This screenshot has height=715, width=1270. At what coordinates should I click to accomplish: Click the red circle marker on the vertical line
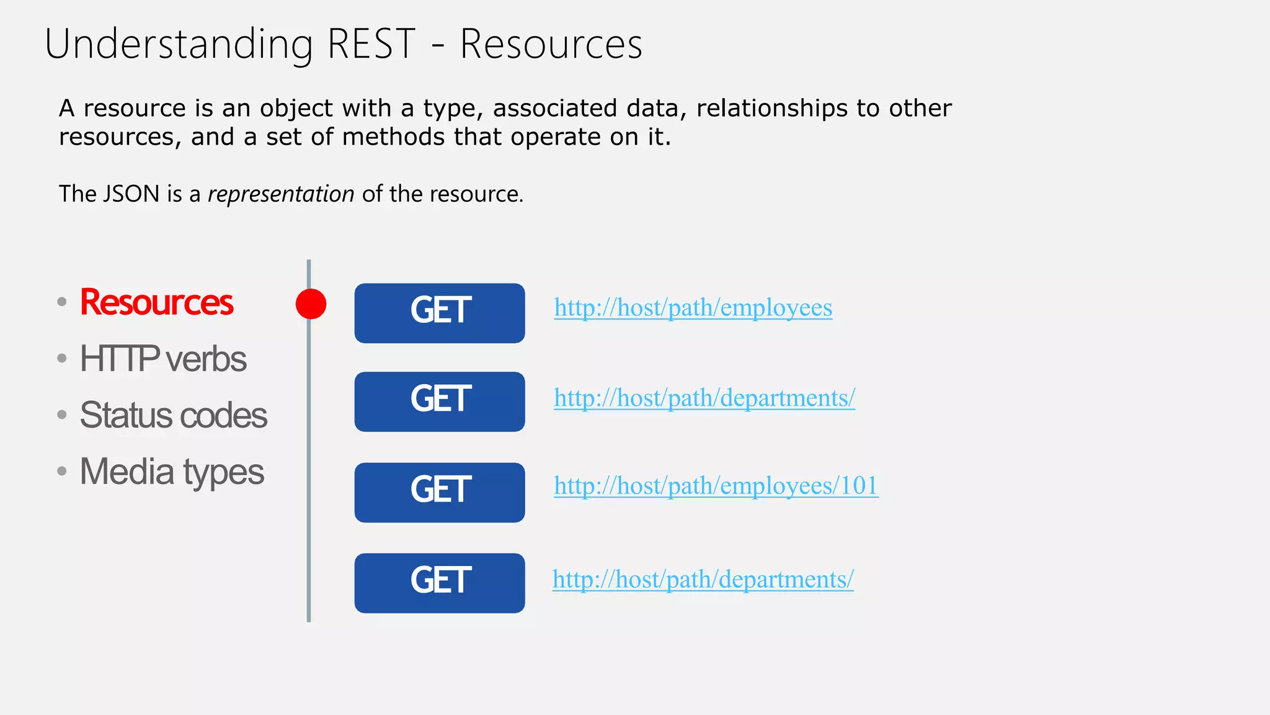pyautogui.click(x=311, y=304)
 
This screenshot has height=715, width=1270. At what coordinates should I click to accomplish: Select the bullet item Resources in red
pyautogui.click(x=156, y=303)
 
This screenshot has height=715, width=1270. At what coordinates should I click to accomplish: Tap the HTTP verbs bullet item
pyautogui.click(x=163, y=359)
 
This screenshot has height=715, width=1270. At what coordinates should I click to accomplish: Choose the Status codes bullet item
pyautogui.click(x=174, y=415)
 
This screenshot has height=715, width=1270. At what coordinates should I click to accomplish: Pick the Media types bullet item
pyautogui.click(x=172, y=472)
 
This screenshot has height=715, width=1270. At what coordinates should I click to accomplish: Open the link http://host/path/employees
pyautogui.click(x=693, y=308)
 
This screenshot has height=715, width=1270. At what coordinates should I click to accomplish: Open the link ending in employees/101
pyautogui.click(x=716, y=486)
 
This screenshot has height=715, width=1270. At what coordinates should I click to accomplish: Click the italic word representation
pyautogui.click(x=281, y=194)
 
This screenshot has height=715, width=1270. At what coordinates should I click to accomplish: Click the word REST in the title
pyautogui.click(x=371, y=45)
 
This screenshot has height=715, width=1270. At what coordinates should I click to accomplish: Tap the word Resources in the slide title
pyautogui.click(x=551, y=45)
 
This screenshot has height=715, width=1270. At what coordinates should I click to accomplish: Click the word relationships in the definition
pyautogui.click(x=772, y=109)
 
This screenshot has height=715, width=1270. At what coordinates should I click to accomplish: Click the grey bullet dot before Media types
pyautogui.click(x=62, y=471)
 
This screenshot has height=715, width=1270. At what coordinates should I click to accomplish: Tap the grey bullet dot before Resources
pyautogui.click(x=62, y=302)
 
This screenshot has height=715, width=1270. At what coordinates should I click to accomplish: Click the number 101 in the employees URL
pyautogui.click(x=858, y=486)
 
